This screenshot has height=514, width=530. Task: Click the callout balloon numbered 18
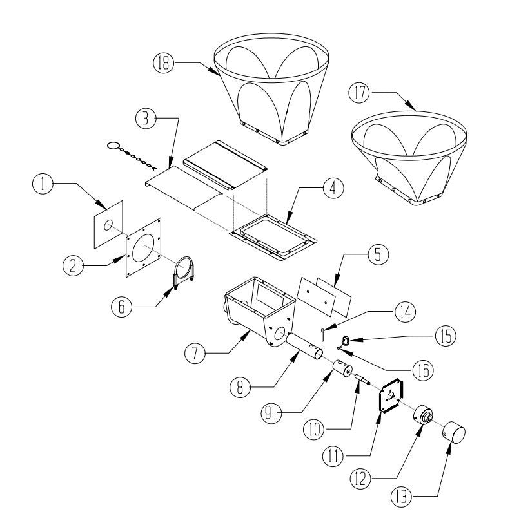click(163, 62)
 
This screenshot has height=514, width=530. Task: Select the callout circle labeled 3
click(146, 119)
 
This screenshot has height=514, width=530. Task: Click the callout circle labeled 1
click(43, 185)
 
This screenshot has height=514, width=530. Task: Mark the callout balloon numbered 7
click(196, 352)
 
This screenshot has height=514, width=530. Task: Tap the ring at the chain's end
click(112, 146)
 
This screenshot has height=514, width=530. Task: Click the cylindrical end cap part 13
click(454, 436)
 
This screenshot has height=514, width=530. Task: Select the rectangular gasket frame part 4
click(271, 235)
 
